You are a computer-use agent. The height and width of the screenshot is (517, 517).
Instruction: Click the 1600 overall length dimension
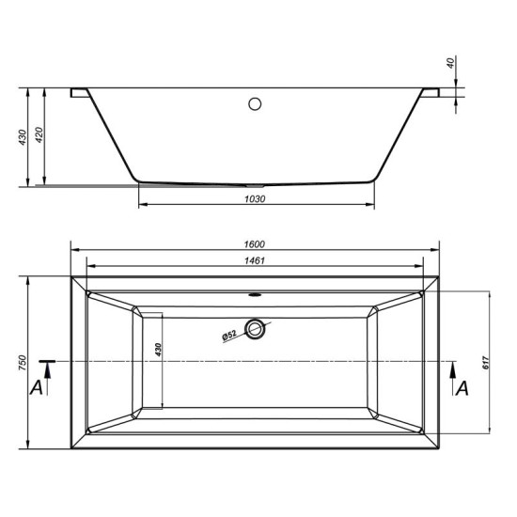[254, 244]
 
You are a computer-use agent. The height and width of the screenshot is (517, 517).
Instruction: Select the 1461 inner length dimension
[254, 260]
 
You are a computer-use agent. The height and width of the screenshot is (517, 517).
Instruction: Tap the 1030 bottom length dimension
[255, 199]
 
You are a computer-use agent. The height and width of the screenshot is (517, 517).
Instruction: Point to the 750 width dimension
[23, 363]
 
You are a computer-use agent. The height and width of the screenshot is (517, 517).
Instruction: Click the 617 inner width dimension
[486, 363]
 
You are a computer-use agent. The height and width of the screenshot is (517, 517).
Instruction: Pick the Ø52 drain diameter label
[229, 336]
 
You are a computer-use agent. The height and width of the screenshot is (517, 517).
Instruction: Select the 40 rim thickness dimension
[450, 62]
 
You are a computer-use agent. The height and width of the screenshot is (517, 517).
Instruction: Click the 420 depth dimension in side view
[39, 134]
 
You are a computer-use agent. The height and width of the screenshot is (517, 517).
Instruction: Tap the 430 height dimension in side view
[23, 137]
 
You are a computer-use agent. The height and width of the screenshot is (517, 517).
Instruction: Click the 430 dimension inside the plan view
[158, 350]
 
